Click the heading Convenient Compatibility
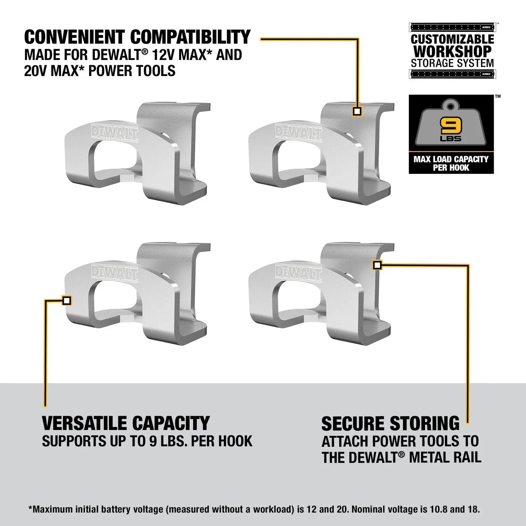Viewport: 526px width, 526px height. [137, 37]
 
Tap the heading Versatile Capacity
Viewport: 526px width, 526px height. [126, 423]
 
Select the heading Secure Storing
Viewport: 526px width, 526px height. [390, 424]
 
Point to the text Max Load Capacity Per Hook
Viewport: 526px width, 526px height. [451, 163]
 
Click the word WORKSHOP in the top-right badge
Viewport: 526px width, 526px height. [452, 52]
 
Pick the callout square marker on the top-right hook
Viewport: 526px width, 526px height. [357, 112]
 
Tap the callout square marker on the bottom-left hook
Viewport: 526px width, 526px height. [67, 301]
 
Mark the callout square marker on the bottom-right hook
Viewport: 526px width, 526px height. [377, 265]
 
